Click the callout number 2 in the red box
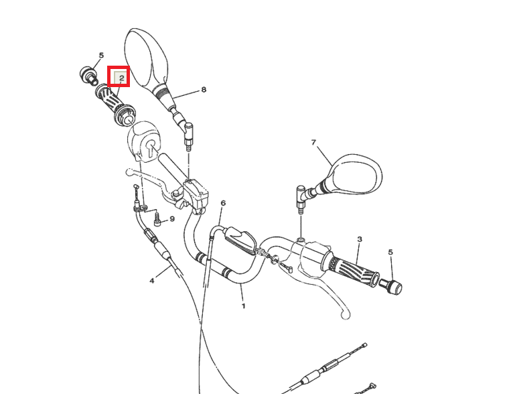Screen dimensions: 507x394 122,78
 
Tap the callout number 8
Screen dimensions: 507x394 204,90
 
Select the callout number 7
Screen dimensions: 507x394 313,142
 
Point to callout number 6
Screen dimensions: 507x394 223,203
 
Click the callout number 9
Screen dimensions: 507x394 172,219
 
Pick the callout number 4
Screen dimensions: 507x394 152,281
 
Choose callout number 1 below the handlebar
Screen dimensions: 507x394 244,306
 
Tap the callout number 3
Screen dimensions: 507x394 360,239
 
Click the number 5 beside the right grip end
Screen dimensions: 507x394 390,252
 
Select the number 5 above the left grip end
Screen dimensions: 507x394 101,56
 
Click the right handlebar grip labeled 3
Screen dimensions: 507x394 351,269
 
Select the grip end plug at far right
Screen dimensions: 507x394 390,286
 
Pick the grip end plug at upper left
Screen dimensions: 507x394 88,76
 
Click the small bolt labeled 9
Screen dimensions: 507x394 157,219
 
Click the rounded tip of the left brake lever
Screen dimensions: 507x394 129,172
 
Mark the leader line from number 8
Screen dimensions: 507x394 186,94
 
